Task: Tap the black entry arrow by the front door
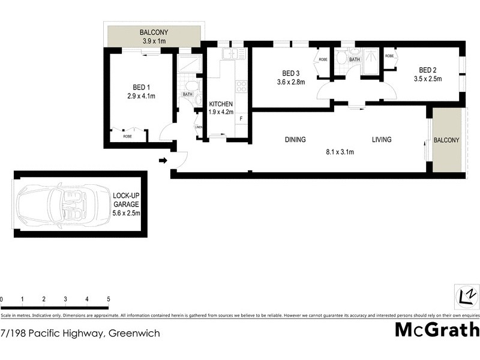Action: point(163,160)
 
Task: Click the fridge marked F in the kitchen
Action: point(241,118)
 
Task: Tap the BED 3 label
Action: point(290,73)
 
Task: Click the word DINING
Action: point(295,140)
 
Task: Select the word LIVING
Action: point(381,140)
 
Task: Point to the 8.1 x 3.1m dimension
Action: point(339,152)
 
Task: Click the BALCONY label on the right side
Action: point(446,140)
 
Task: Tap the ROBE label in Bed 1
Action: point(127,137)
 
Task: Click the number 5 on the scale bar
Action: point(108,299)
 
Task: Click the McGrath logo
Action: point(437,330)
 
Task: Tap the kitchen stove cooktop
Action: point(241,87)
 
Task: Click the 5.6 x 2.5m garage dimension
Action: point(126,213)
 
